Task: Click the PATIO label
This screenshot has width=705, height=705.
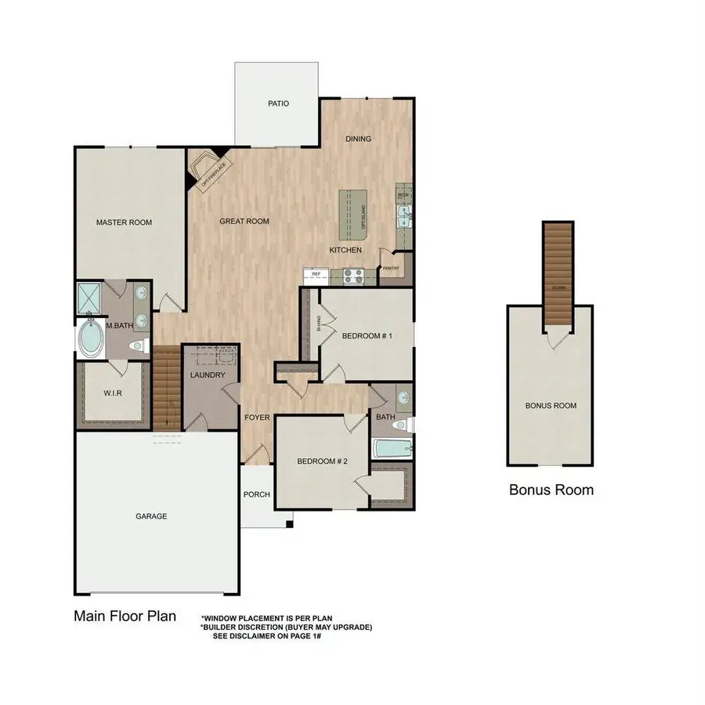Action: pyautogui.click(x=278, y=103)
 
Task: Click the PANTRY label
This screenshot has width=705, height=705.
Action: pyautogui.click(x=391, y=269)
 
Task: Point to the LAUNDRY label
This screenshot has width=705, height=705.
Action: pyautogui.click(x=208, y=375)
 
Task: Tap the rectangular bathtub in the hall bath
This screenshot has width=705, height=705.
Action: pyautogui.click(x=392, y=450)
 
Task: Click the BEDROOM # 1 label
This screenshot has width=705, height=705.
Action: pyautogui.click(x=367, y=336)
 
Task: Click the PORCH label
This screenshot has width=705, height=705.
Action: pyautogui.click(x=257, y=494)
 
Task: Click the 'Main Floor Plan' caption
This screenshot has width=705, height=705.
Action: pyautogui.click(x=125, y=615)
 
